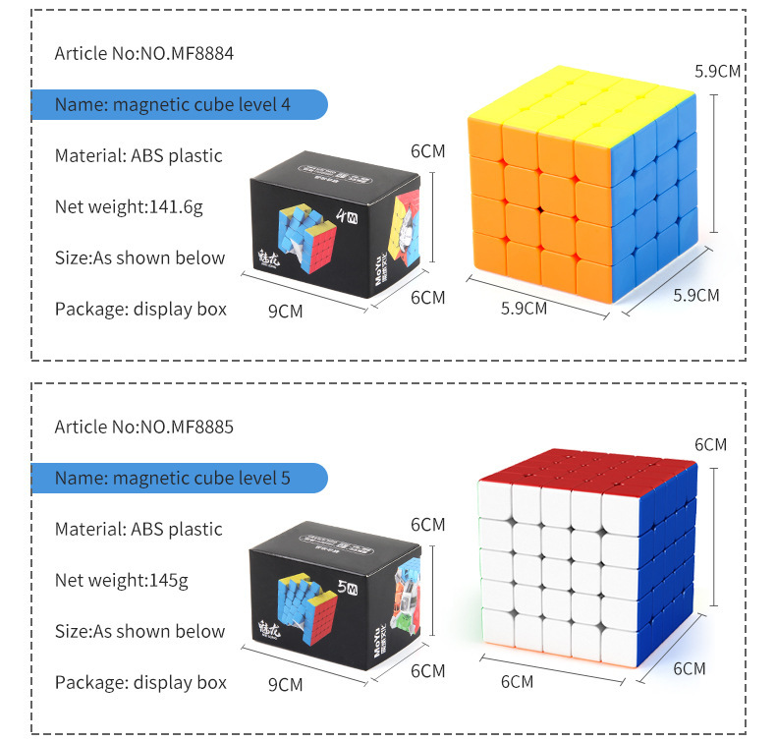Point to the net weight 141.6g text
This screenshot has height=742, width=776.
(129, 206)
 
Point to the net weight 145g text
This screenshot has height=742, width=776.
(121, 580)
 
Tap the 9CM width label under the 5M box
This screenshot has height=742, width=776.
(284, 684)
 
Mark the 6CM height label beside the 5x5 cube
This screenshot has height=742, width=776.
(710, 444)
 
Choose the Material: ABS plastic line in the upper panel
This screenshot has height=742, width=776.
(139, 155)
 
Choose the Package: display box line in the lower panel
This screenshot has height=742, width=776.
(140, 682)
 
